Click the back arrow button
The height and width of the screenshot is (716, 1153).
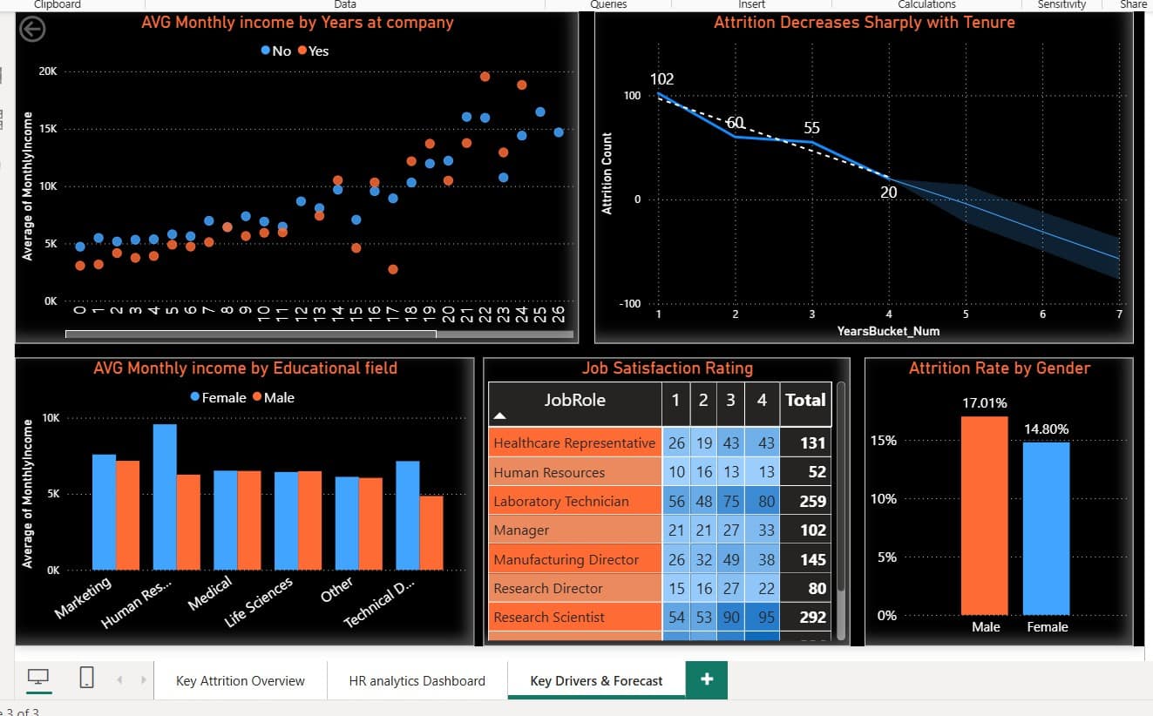pyautogui.click(x=32, y=30)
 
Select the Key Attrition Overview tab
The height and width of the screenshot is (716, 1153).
pyautogui.click(x=240, y=680)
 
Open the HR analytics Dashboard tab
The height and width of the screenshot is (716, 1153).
pyautogui.click(x=417, y=680)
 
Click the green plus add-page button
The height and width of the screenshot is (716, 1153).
pyautogui.click(x=707, y=679)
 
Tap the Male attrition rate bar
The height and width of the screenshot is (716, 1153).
pyautogui.click(x=985, y=516)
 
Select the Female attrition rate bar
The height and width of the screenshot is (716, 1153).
pyautogui.click(x=1046, y=528)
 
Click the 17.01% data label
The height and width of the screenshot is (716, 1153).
pyautogui.click(x=985, y=403)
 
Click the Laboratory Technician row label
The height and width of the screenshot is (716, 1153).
pyautogui.click(x=561, y=501)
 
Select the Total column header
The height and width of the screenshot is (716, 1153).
pyautogui.click(x=805, y=400)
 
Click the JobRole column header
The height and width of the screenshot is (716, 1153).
pyautogui.click(x=575, y=400)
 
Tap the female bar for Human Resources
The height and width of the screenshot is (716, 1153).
pyautogui.click(x=165, y=496)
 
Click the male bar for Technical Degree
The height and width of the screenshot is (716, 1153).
pyautogui.click(x=431, y=533)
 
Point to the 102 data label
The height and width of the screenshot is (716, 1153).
pyautogui.click(x=662, y=78)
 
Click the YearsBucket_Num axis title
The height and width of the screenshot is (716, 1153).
pyautogui.click(x=888, y=331)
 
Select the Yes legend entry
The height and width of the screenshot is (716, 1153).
pyautogui.click(x=314, y=51)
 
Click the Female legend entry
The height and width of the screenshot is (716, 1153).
pyautogui.click(x=219, y=397)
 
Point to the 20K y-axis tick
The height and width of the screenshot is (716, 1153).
pyautogui.click(x=48, y=71)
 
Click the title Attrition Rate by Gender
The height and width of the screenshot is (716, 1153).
pyautogui.click(x=999, y=368)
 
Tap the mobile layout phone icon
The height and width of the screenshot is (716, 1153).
pyautogui.click(x=86, y=678)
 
